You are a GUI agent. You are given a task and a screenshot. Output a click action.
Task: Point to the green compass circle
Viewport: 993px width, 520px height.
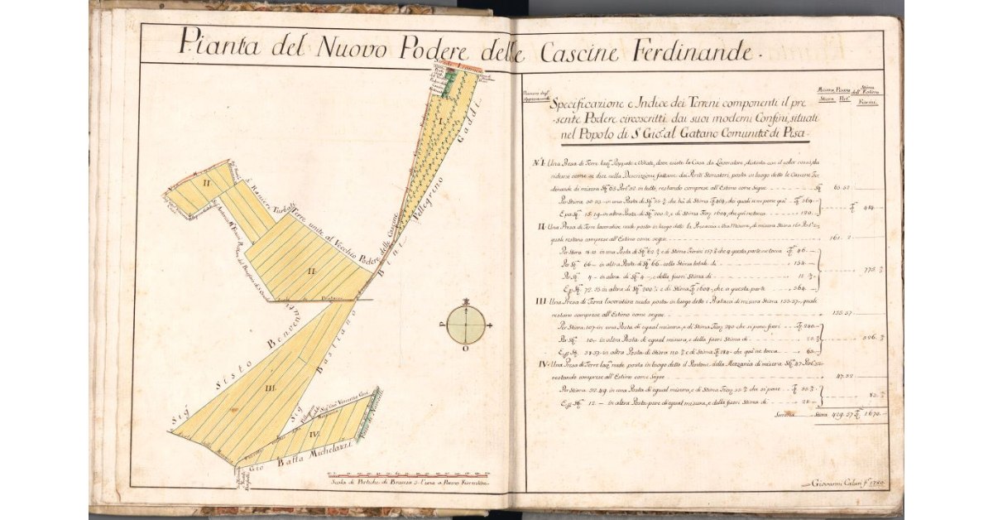pyautogui.click(x=466, y=325)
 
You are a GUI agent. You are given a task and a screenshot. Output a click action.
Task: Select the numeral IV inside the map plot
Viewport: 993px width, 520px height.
pyautogui.click(x=314, y=432)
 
